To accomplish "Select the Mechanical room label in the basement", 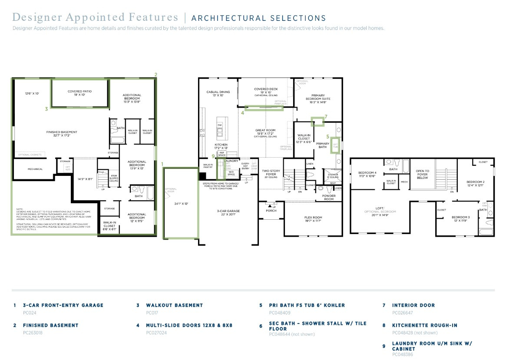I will (35, 169).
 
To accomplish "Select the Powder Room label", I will (329, 197).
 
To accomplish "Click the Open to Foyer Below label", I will (422, 174).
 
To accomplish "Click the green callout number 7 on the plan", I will (326, 116).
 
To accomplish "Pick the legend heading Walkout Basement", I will (174, 305).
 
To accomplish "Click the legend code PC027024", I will (156, 333).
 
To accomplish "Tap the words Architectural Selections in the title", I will (258, 18).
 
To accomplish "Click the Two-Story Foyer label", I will (271, 174).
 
